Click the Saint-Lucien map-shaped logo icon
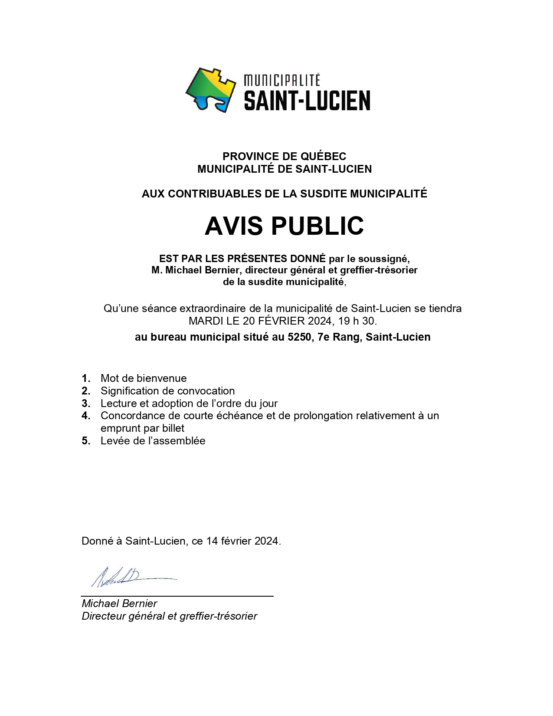tap(211, 90)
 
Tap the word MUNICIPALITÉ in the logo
tap(282, 80)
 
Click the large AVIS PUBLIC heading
tap(284, 226)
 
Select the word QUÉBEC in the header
tap(323, 156)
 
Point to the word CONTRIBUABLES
tap(214, 194)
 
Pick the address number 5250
tap(299, 337)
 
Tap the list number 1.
tap(86, 378)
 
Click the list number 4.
tap(86, 416)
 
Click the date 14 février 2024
tap(242, 541)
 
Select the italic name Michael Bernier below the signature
tap(119, 604)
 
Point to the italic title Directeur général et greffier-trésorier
tap(169, 616)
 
